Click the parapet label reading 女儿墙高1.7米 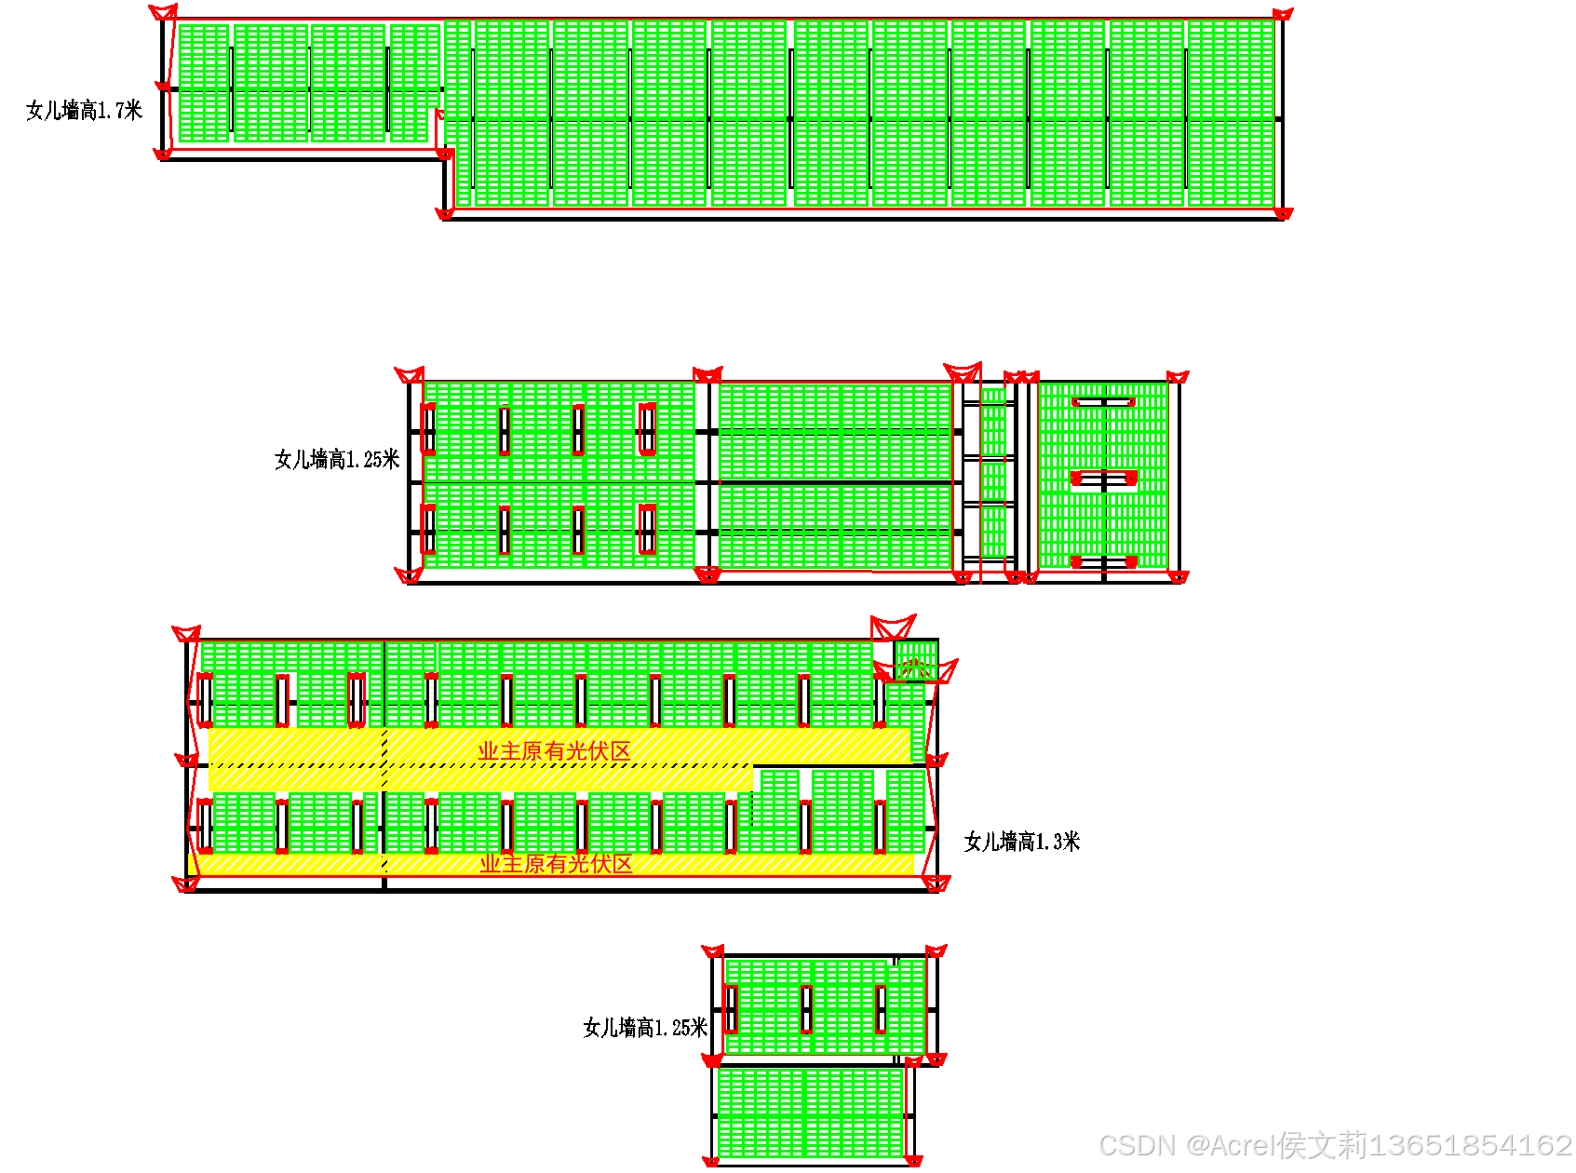coord(84,111)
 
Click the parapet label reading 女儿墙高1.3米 coord(1021,842)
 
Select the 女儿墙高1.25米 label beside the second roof coord(337,459)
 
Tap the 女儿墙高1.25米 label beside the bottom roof coord(645,1028)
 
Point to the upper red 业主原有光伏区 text coord(555,750)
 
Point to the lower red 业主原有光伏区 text coord(556,864)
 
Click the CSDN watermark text coord(1138,1145)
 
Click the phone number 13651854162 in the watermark coord(1471,1145)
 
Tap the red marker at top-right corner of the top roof coord(1283,14)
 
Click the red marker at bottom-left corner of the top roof coord(163,154)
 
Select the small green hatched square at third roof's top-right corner coord(916,661)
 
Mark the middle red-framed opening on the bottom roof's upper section coord(806,1008)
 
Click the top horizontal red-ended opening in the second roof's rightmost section coord(1103,402)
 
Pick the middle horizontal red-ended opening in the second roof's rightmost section coord(1103,479)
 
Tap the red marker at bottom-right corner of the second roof coord(1178,577)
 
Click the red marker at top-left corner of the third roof coord(187,634)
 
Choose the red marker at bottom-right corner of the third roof coord(936,883)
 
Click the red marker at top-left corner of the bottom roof coord(713,951)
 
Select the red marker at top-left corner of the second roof coord(410,374)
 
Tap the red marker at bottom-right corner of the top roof coord(1283,214)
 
